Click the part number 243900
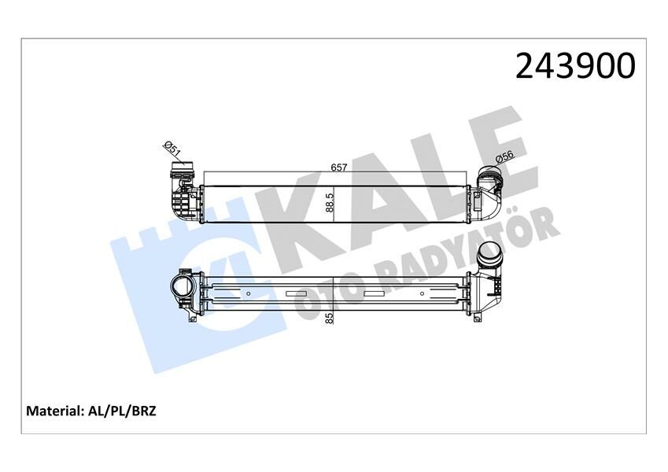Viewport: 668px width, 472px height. coord(574,67)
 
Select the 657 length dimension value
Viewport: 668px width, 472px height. coord(339,168)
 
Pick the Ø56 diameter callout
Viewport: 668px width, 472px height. coord(504,158)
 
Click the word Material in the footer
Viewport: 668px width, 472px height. coord(55,411)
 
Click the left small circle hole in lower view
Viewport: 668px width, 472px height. coord(248,294)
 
